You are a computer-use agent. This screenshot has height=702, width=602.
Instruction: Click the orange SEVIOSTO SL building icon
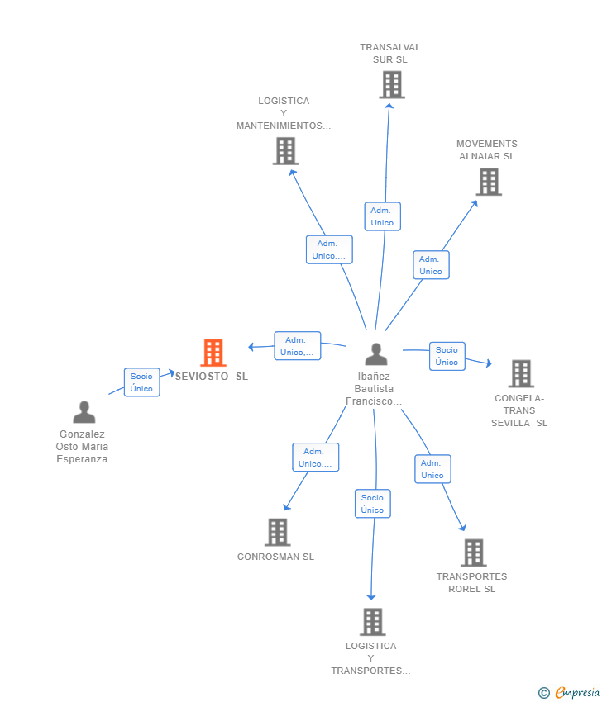pyautogui.click(x=213, y=353)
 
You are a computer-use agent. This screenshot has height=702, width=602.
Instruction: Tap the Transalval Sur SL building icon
pyautogui.click(x=392, y=84)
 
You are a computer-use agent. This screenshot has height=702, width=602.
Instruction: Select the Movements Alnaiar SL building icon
pyautogui.click(x=489, y=182)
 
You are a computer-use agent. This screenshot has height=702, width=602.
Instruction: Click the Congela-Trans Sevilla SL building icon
pyautogui.click(x=521, y=373)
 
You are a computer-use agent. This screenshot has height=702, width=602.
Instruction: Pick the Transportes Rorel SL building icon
pyautogui.click(x=473, y=553)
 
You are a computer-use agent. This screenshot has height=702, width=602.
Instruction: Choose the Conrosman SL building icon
pyautogui.click(x=277, y=532)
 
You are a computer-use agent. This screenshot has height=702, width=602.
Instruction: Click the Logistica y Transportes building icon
pyautogui.click(x=373, y=621)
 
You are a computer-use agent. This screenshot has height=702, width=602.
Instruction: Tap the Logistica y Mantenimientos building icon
pyautogui.click(x=285, y=151)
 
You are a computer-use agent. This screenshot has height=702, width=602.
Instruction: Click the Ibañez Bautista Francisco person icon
pyautogui.click(x=376, y=354)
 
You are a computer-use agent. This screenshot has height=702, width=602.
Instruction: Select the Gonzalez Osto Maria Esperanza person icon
pyautogui.click(x=84, y=411)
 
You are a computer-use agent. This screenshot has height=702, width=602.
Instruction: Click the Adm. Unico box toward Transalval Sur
pyautogui.click(x=382, y=216)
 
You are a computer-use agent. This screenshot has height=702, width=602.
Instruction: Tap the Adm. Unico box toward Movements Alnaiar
pyautogui.click(x=431, y=265)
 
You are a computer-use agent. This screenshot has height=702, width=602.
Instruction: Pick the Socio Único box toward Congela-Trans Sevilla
pyautogui.click(x=447, y=356)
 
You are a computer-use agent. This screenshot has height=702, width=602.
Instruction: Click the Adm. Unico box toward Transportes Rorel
pyautogui.click(x=432, y=469)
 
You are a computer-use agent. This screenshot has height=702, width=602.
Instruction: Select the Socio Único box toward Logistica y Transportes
pyautogui.click(x=372, y=504)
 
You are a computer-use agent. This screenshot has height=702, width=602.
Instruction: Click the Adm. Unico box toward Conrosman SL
pyautogui.click(x=315, y=458)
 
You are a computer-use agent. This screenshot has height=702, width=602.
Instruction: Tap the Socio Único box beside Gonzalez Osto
pyautogui.click(x=141, y=382)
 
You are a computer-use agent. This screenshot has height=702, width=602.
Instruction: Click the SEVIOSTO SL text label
pyautogui.click(x=211, y=377)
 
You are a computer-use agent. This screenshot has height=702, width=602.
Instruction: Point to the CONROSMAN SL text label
pyautogui.click(x=275, y=557)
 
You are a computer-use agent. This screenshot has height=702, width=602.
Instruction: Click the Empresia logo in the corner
pyautogui.click(x=570, y=692)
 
